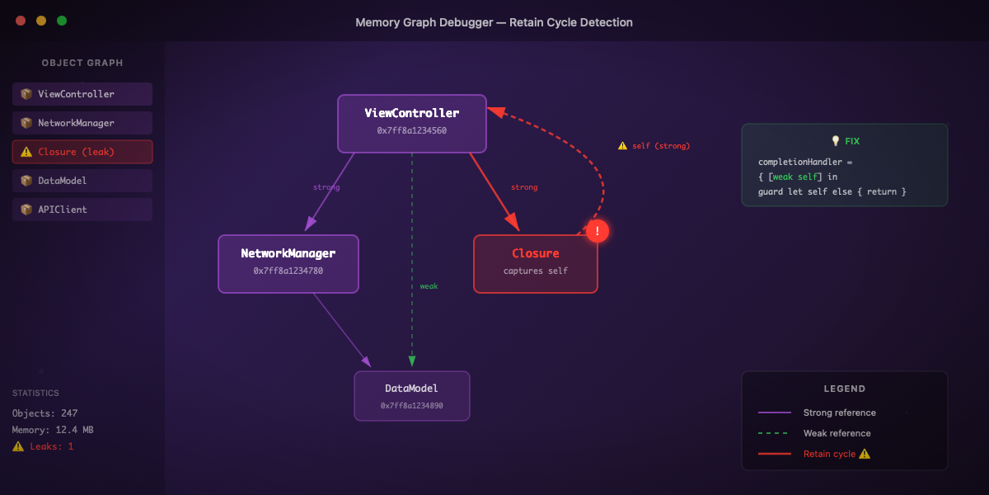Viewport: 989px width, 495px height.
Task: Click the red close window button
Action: (x=21, y=21)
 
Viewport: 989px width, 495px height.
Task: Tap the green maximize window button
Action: (x=62, y=21)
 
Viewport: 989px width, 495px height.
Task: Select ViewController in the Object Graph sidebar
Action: (x=82, y=94)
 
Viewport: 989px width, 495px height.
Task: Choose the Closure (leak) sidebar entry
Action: (x=82, y=152)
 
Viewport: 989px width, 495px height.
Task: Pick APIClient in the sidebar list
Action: (x=82, y=210)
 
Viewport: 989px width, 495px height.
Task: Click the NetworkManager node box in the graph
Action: (x=288, y=263)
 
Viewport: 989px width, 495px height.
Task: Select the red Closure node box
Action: (x=536, y=263)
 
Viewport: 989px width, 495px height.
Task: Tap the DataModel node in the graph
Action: (x=412, y=395)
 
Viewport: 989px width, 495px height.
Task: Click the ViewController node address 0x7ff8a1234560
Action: (x=412, y=130)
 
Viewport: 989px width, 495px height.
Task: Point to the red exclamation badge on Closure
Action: (x=597, y=231)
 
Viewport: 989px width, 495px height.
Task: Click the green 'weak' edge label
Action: (x=429, y=286)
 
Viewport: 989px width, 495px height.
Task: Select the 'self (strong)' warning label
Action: (x=654, y=146)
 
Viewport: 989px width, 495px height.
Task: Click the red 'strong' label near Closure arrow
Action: (x=524, y=187)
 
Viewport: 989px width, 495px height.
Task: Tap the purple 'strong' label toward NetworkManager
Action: (x=326, y=187)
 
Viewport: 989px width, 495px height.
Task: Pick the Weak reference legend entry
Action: (x=837, y=433)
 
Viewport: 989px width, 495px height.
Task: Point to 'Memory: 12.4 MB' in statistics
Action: (x=53, y=430)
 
